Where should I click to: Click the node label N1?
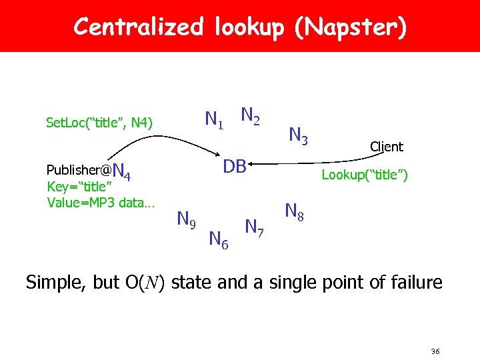pyautogui.click(x=214, y=120)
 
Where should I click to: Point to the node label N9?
pyautogui.click(x=185, y=218)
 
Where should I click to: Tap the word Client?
pyautogui.click(x=387, y=147)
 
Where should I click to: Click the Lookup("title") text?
pyautogui.click(x=365, y=175)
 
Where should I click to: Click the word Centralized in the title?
pyautogui.click(x=138, y=27)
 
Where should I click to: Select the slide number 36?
pyautogui.click(x=436, y=351)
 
